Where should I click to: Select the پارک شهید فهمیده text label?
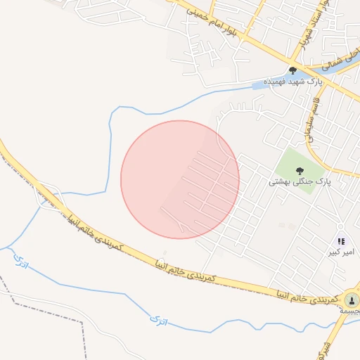pos(292,82)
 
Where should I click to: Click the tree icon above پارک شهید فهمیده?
pos(292,70)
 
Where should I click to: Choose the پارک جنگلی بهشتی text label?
pos(299,182)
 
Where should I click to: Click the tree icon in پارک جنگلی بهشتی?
pos(300,171)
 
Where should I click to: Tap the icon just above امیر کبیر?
pos(342,241)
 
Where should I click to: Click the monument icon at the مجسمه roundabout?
pos(351,301)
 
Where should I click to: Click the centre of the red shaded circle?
pos(180,179)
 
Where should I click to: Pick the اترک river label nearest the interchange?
pos(20,263)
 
